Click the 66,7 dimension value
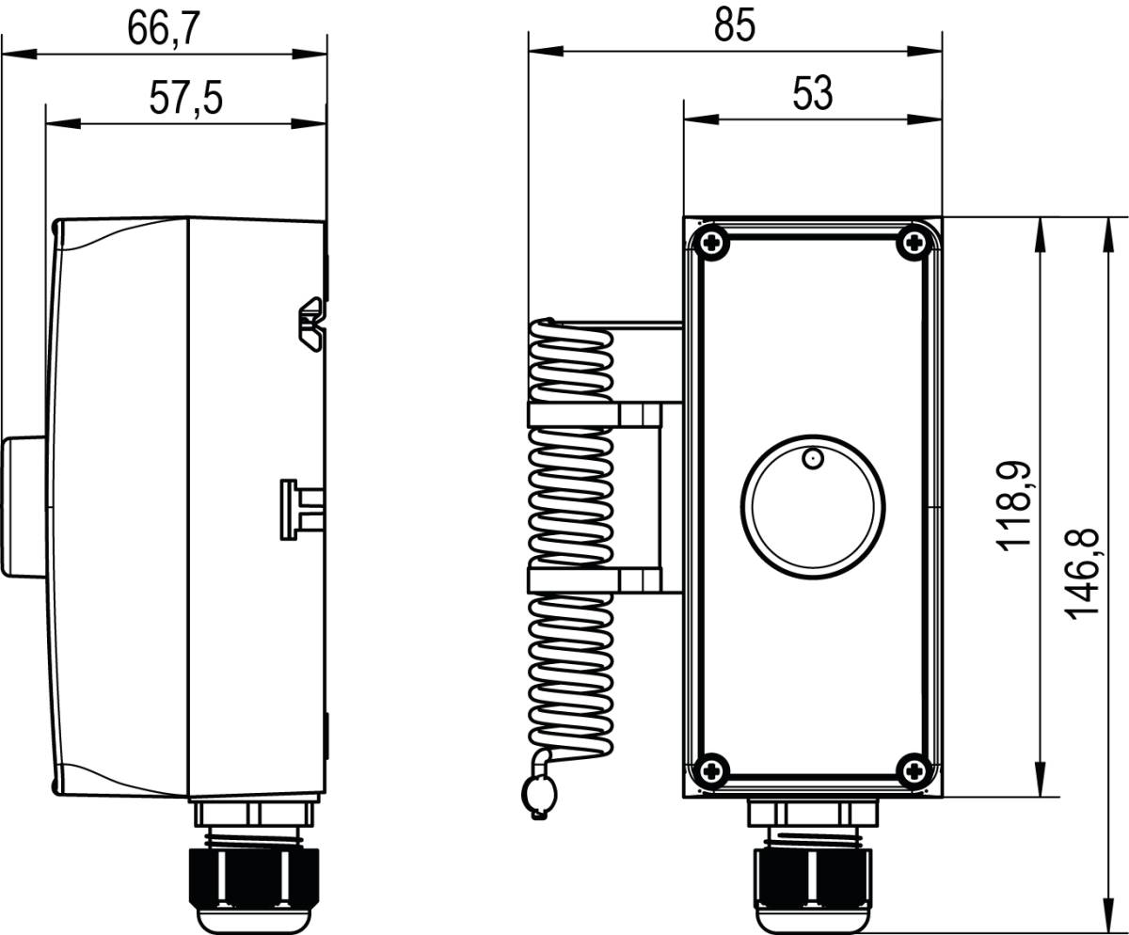[164, 29]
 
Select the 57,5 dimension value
[185, 98]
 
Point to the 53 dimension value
[812, 94]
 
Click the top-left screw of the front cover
[711, 243]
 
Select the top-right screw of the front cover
[914, 243]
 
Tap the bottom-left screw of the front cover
[711, 770]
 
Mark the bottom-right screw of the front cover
[914, 770]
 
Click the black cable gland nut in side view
[255, 875]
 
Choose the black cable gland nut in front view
[813, 875]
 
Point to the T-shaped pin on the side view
[298, 508]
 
